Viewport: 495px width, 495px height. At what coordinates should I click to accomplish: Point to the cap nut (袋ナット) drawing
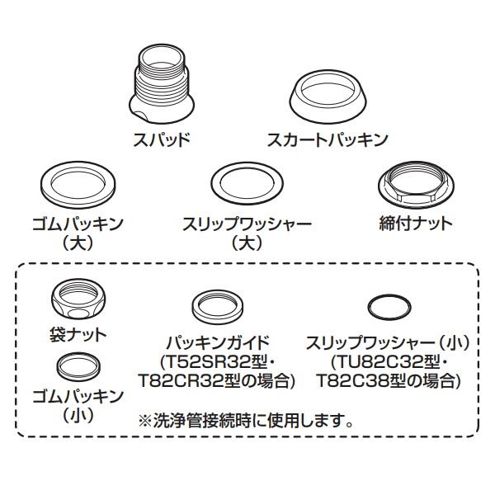[78, 302]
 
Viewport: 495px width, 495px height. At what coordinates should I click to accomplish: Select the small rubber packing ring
[79, 365]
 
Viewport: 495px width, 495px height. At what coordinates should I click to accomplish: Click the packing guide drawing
[219, 307]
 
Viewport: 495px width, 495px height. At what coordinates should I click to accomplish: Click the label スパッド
[162, 139]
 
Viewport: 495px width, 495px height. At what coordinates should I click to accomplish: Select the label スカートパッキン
[327, 139]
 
